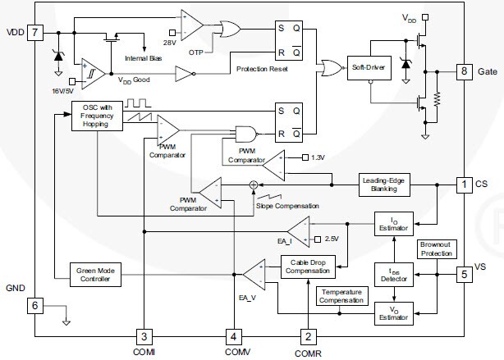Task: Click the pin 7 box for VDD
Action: pyautogui.click(x=34, y=32)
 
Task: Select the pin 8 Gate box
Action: pyautogui.click(x=465, y=71)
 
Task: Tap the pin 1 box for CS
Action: pyautogui.click(x=465, y=185)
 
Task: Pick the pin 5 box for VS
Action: pyautogui.click(x=465, y=274)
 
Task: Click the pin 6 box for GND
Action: pyautogui.click(x=34, y=305)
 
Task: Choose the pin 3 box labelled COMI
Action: pyautogui.click(x=144, y=336)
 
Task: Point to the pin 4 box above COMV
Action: pyautogui.click(x=233, y=336)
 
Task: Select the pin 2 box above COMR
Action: pyautogui.click(x=308, y=336)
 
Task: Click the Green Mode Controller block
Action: pyautogui.click(x=96, y=276)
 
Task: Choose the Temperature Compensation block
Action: pyautogui.click(x=342, y=296)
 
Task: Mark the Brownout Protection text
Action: pyautogui.click(x=437, y=248)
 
